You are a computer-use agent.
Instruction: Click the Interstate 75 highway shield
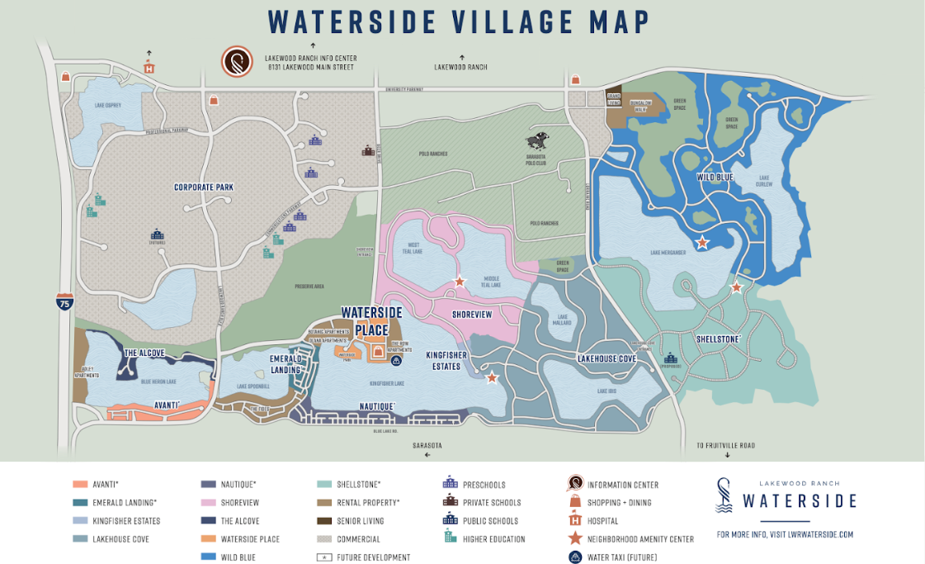coord(65,301)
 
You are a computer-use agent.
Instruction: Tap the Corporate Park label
coord(203,187)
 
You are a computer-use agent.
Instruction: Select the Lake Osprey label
coord(107,105)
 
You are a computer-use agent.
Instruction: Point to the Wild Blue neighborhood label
coord(715,177)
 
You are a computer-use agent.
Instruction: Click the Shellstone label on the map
coord(718,339)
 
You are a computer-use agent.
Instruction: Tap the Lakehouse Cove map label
coord(606,359)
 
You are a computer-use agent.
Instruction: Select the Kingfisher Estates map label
coord(446,360)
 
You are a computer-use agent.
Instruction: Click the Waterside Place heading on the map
coord(372,321)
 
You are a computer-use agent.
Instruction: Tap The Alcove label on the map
coord(144,353)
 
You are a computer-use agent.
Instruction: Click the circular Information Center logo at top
coord(237,62)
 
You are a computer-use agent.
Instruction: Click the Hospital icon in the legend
coord(574,521)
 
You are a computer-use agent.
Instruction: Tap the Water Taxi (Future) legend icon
coord(574,557)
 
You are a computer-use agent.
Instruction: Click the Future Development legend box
coord(324,557)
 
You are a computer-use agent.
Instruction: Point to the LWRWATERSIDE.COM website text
coord(785,534)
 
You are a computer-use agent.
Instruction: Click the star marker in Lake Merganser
coord(701,243)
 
